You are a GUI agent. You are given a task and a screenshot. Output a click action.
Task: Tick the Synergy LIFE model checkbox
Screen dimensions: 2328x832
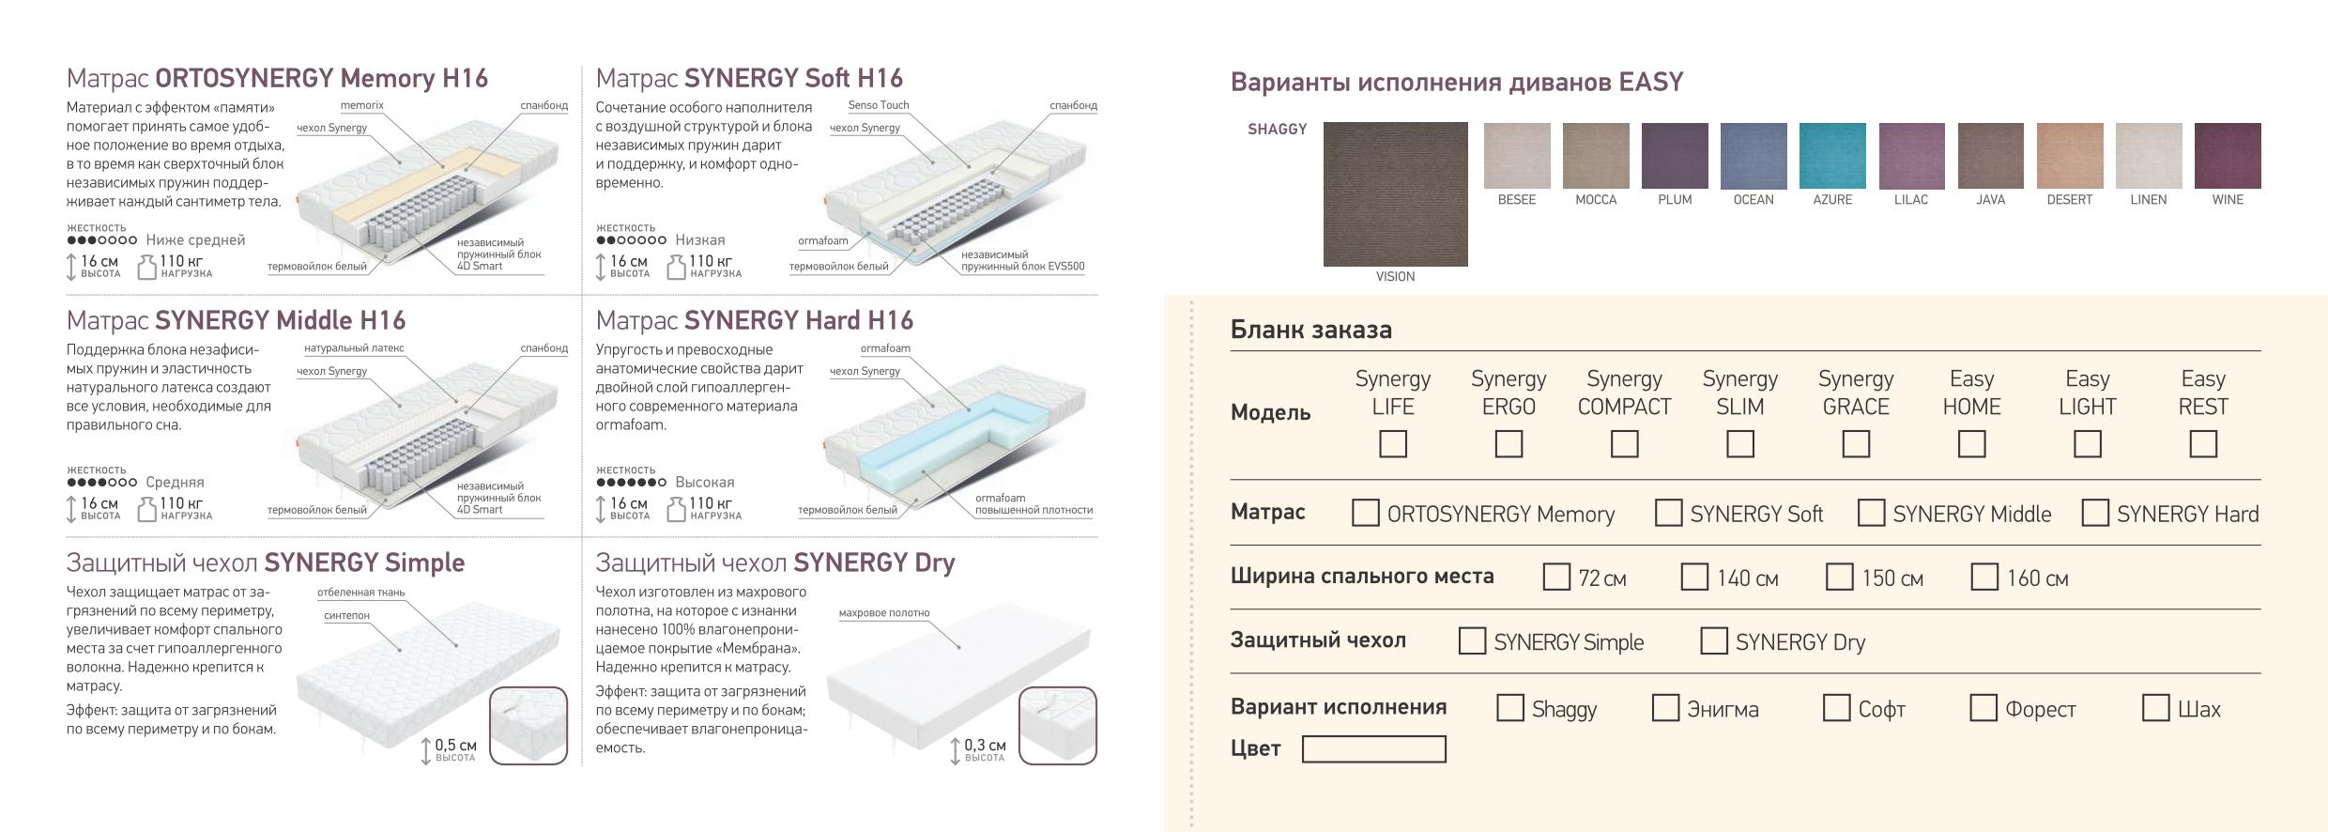tap(1393, 443)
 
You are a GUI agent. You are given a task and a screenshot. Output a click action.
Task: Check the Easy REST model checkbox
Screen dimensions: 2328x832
tap(2203, 443)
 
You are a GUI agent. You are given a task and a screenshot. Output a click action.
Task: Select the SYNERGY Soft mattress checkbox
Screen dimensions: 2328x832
tap(1668, 513)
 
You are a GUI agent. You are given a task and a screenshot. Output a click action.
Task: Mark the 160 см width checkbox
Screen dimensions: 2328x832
tap(1984, 577)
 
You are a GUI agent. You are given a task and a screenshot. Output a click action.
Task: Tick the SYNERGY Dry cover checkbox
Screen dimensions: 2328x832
tap(1714, 640)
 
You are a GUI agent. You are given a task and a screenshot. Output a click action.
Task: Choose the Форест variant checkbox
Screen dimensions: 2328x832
tap(1983, 707)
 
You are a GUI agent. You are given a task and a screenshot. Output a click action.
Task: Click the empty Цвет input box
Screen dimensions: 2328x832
tap(1374, 749)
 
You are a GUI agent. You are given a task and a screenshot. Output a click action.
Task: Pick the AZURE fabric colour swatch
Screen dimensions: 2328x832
tap(1832, 156)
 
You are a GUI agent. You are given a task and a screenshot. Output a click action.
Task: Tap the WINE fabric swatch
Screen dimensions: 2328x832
tap(2228, 156)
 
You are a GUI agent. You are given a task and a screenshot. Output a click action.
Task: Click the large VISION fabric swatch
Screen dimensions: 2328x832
tap(1396, 194)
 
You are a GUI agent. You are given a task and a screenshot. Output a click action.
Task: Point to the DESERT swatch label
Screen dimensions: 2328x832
tap(2070, 200)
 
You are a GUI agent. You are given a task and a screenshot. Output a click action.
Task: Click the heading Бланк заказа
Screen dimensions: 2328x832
tap(1311, 330)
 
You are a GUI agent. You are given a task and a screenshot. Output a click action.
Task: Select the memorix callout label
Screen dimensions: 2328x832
tap(362, 105)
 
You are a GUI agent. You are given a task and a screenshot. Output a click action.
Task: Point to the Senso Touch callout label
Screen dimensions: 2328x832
tap(879, 105)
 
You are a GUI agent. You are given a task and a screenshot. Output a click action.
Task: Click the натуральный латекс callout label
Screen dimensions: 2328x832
tap(354, 348)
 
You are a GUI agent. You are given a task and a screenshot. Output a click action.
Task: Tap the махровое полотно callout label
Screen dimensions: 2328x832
tap(884, 613)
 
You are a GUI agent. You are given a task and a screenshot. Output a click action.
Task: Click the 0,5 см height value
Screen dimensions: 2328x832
tap(455, 746)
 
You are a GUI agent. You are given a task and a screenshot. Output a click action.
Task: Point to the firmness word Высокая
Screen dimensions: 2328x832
tap(705, 483)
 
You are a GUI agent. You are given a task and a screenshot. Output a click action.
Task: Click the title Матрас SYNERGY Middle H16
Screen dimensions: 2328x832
tap(236, 321)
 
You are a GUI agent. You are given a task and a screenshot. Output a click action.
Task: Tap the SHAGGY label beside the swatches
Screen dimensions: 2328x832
tap(1278, 130)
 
